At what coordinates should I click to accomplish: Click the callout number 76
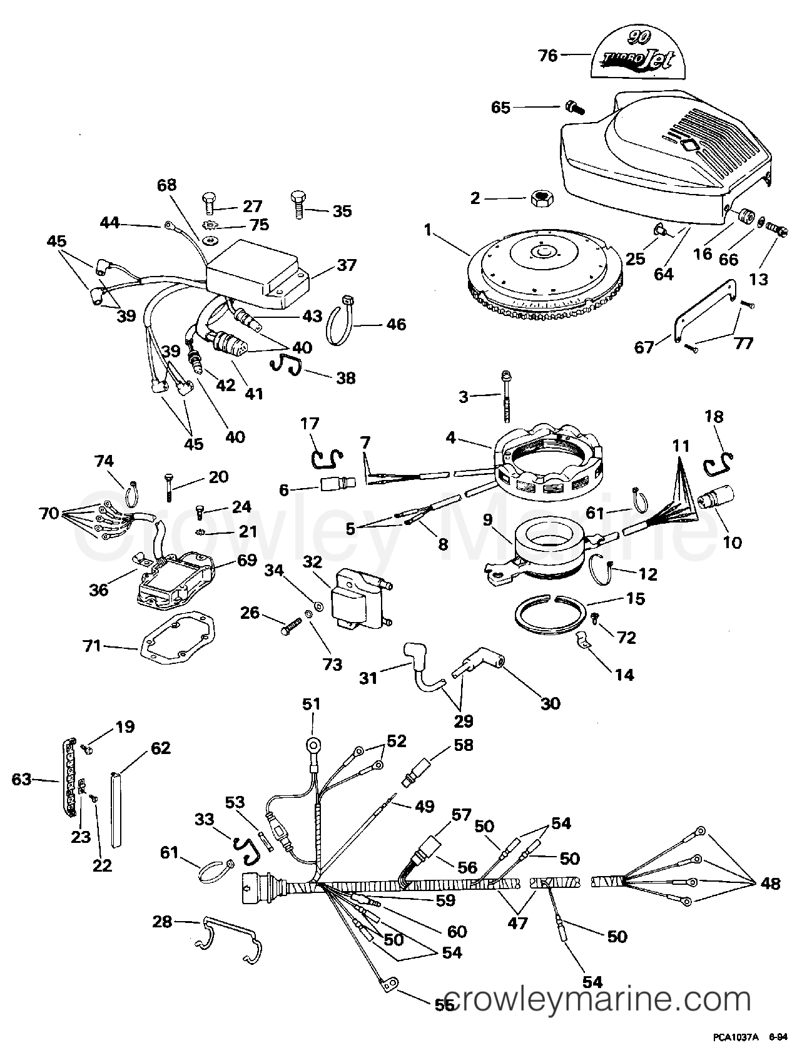click(547, 56)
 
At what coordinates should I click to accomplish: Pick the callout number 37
click(347, 265)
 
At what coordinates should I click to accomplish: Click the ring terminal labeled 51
click(312, 745)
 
